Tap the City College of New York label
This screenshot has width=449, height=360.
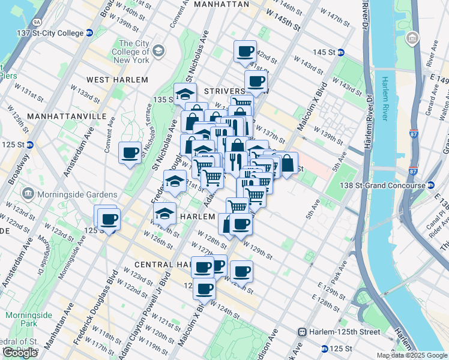pos(142,52)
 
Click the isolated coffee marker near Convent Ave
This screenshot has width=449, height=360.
pos(130,152)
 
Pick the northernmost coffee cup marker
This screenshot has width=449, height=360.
pos(245,51)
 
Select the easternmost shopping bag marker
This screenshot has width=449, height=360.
pos(288,162)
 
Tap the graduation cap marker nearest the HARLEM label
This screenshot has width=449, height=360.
pos(164,214)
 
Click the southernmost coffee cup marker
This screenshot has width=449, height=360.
pos(204,289)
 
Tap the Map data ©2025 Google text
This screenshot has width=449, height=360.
pos(412,355)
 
